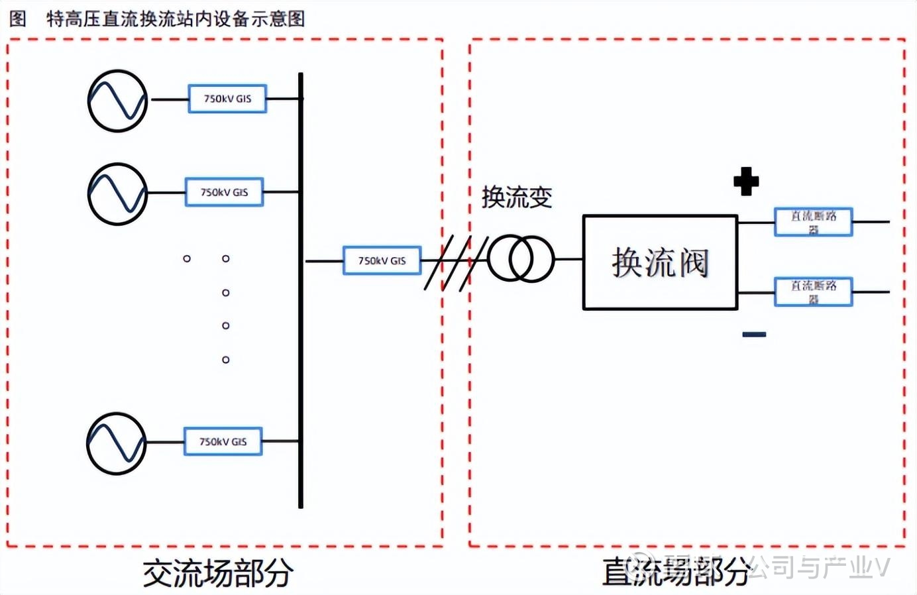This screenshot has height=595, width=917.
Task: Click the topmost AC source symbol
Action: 118,101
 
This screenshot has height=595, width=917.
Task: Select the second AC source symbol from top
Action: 118,194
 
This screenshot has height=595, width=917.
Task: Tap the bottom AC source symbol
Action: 117,443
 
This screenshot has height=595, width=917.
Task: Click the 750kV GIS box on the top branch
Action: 227,99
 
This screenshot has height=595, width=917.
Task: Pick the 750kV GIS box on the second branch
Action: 224,192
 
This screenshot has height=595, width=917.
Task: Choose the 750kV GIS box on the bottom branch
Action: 223,441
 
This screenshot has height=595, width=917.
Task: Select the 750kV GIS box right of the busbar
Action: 382,260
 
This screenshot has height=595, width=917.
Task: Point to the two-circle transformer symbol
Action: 520,259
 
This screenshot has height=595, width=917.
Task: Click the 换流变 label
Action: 517,197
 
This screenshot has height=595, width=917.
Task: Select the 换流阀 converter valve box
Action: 660,262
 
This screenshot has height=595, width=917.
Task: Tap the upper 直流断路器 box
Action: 813,222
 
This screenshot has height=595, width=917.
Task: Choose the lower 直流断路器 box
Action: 813,292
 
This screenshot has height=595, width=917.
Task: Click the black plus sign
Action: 746,182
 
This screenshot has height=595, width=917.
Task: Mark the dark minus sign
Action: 754,335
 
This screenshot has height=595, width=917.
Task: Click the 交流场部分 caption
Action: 218,573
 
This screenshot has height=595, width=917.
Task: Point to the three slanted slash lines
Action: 447,262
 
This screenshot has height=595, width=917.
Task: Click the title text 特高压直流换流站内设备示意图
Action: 176,19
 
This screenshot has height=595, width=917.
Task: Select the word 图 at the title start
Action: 18,19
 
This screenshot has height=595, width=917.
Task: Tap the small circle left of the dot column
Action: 187,258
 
